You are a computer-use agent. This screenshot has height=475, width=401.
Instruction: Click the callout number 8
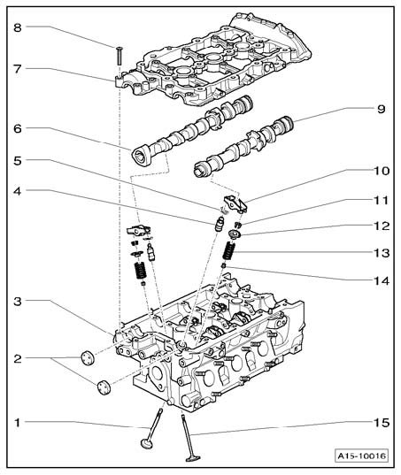click(18, 27)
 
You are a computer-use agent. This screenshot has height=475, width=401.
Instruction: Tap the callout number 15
click(382, 422)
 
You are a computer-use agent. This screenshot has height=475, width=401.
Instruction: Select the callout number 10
click(382, 171)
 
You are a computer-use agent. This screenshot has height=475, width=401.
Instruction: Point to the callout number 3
click(18, 302)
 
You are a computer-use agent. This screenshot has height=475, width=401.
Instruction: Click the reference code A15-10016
click(362, 456)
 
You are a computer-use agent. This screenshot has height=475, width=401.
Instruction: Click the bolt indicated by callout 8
click(120, 56)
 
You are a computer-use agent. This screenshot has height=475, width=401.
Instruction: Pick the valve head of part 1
click(147, 443)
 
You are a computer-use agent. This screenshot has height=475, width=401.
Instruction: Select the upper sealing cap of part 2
click(88, 357)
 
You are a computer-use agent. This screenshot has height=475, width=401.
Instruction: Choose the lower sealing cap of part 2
click(104, 387)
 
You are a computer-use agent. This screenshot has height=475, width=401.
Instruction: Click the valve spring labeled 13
click(229, 251)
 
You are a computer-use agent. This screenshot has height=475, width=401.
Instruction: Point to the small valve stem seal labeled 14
click(224, 265)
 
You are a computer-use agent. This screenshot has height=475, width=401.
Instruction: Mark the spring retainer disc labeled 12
click(235, 234)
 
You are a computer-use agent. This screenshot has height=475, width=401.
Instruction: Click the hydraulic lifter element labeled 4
click(219, 225)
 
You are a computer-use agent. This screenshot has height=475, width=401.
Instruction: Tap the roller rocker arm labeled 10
click(235, 203)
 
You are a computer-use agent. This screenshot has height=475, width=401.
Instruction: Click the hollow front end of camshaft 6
click(141, 156)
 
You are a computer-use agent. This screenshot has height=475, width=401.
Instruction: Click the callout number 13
click(382, 252)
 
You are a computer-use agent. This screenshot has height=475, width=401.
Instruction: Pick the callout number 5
click(18, 161)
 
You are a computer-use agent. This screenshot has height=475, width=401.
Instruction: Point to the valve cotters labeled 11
click(238, 225)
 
